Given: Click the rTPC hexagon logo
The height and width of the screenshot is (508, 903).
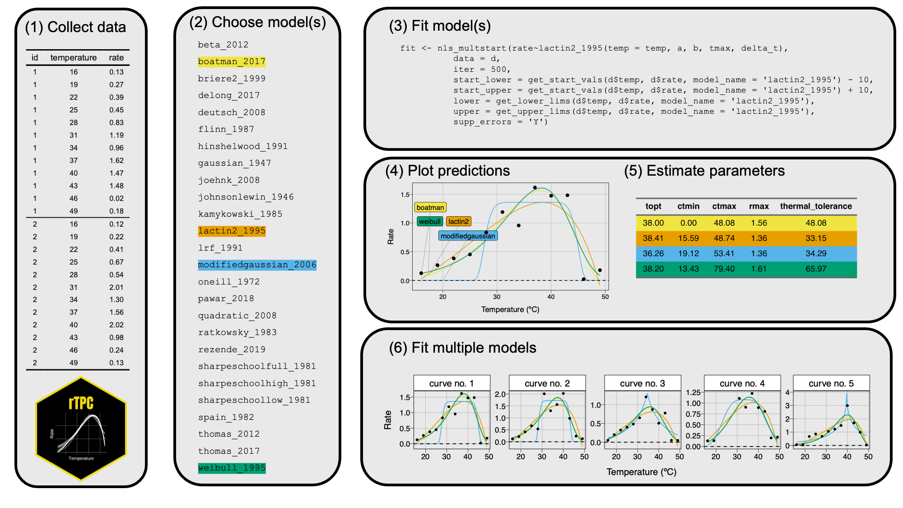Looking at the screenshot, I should pyautogui.click(x=81, y=429).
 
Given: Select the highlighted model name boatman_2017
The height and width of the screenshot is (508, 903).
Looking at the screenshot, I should pyautogui.click(x=232, y=61).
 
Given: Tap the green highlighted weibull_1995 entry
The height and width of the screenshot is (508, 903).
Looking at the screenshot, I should pyautogui.click(x=232, y=468).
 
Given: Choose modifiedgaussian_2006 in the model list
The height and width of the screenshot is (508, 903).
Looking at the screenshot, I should pyautogui.click(x=257, y=265).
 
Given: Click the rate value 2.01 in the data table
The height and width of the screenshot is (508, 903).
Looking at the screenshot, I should pyautogui.click(x=116, y=287).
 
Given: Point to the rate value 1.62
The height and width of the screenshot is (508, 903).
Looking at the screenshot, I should pyautogui.click(x=116, y=160).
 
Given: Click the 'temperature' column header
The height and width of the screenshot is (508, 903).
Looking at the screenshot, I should pyautogui.click(x=74, y=58).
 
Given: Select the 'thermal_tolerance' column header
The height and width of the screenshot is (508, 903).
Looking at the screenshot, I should pyautogui.click(x=816, y=206).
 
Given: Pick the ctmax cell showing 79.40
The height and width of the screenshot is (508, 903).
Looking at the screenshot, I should pyautogui.click(x=724, y=269).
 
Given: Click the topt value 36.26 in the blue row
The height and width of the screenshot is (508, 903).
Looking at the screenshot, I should pyautogui.click(x=653, y=253).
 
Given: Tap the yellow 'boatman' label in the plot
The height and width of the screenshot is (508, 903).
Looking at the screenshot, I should pyautogui.click(x=430, y=208).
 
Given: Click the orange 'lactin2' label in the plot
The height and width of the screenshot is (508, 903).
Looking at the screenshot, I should pyautogui.click(x=458, y=221).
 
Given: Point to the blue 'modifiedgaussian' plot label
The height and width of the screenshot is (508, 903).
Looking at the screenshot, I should pyautogui.click(x=468, y=236).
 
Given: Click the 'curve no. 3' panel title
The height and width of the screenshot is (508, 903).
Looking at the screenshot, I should pyautogui.click(x=642, y=383).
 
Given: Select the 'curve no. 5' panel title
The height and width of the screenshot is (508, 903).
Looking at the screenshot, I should pyautogui.click(x=831, y=383).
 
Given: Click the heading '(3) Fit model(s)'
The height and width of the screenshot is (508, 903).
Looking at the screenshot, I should pyautogui.click(x=439, y=26).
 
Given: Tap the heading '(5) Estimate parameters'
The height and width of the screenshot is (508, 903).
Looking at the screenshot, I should pyautogui.click(x=704, y=171).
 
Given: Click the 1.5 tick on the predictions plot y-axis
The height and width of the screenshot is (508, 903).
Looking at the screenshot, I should pyautogui.click(x=405, y=195).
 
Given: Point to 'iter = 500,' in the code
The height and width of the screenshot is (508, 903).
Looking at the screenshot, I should pyautogui.click(x=482, y=70).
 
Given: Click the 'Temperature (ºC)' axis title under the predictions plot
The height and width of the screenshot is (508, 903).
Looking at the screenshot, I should pyautogui.click(x=510, y=309).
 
